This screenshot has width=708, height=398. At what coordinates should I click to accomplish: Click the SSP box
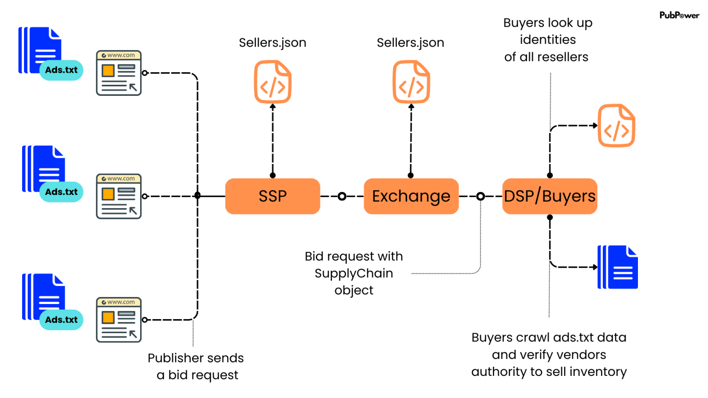272,196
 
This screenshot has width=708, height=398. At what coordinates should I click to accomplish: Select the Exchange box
411,196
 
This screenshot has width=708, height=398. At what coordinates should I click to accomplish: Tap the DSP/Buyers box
549,196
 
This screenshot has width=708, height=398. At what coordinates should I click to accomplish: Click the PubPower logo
679,15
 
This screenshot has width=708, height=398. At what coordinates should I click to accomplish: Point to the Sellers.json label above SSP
272,43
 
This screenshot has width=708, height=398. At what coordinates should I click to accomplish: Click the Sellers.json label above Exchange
410,43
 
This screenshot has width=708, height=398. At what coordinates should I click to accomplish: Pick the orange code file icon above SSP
273,82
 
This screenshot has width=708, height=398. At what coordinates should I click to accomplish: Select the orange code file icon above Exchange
411,82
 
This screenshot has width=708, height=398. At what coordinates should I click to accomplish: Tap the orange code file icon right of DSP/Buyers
616,126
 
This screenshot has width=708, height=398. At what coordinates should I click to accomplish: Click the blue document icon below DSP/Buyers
618,267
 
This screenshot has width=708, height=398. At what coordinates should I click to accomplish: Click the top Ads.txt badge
61,70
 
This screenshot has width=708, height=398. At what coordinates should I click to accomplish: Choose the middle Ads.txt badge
61,192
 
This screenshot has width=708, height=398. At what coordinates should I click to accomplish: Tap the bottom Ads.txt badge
61,320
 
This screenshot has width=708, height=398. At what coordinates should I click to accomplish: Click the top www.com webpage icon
118,73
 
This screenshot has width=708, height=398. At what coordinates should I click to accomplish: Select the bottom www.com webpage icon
118,320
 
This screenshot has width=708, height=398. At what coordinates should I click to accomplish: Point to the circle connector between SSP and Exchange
342,197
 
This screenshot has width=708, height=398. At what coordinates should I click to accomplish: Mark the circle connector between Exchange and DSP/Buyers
480,197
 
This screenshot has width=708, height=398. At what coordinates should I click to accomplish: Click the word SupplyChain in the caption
354,274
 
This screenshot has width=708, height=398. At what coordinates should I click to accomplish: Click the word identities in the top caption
548,40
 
